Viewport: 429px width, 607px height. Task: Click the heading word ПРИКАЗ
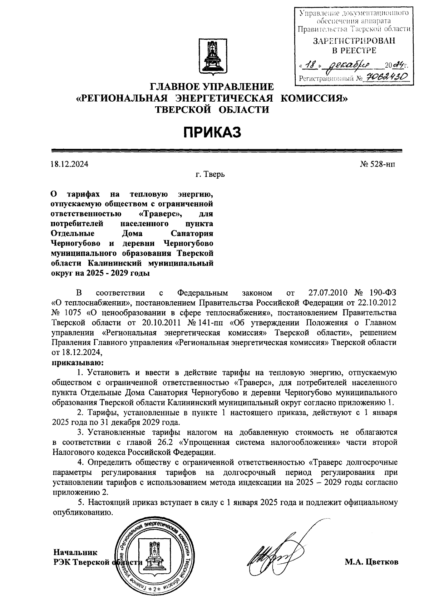coord(212,132)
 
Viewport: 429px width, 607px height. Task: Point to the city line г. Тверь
coord(210,175)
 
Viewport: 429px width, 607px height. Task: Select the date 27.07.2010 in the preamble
coord(328,293)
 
